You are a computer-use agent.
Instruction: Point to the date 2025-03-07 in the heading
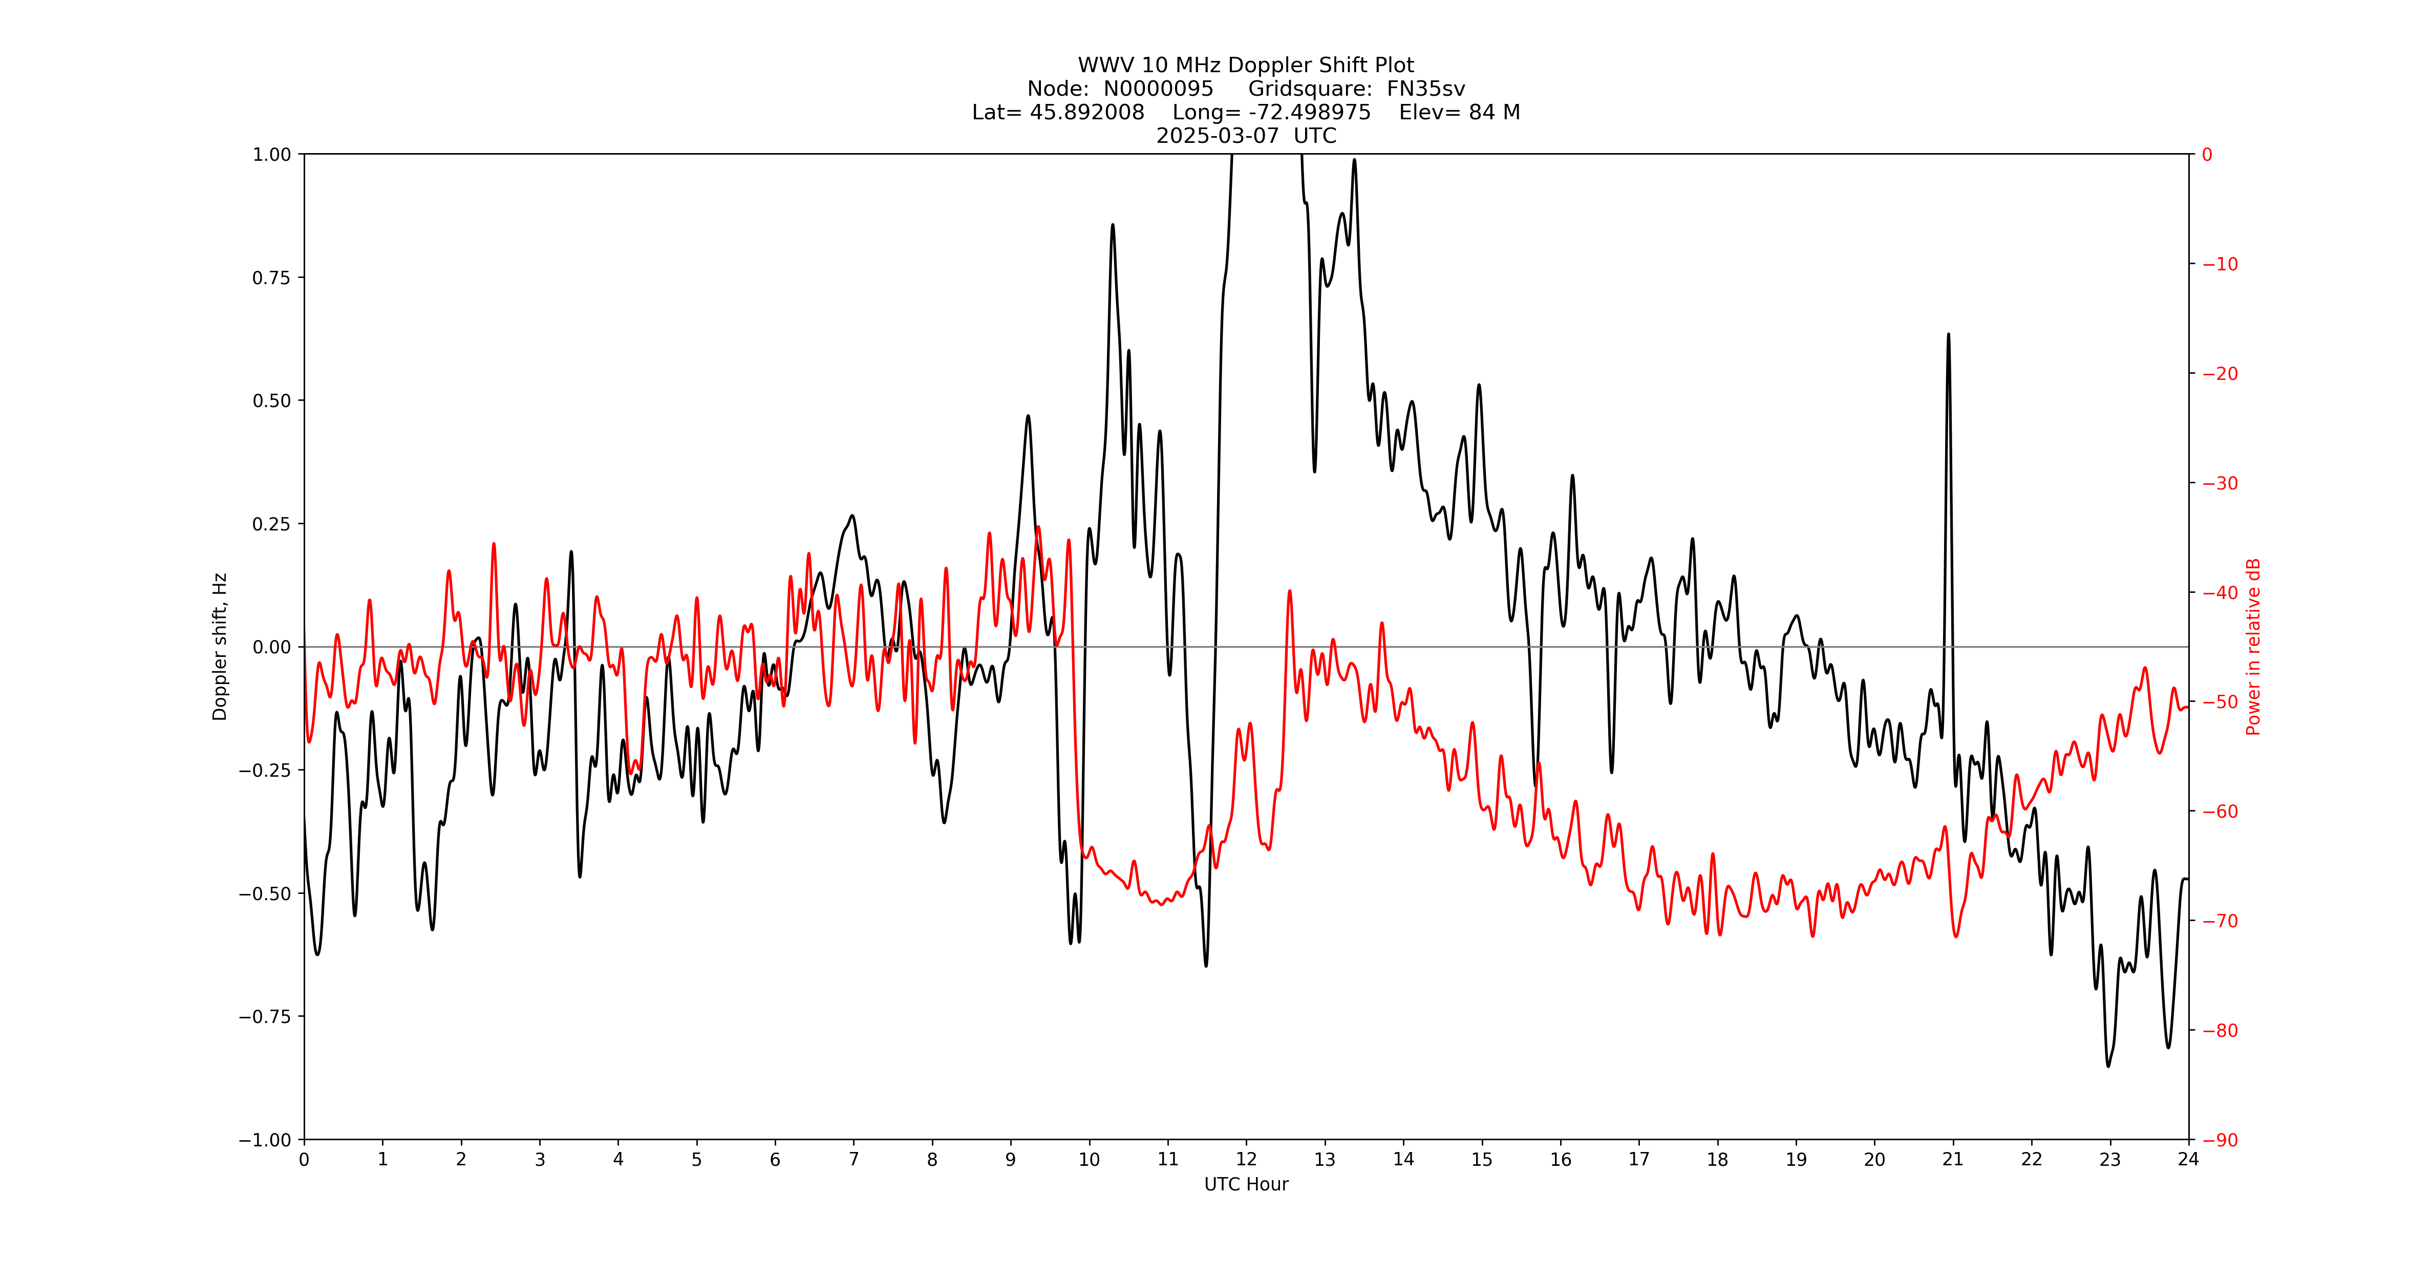(1217, 136)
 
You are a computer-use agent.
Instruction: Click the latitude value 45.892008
(1086, 112)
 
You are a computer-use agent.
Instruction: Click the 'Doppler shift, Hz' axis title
(220, 647)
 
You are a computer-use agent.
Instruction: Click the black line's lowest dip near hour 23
(2108, 1065)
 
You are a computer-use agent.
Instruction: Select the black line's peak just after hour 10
(1112, 225)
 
